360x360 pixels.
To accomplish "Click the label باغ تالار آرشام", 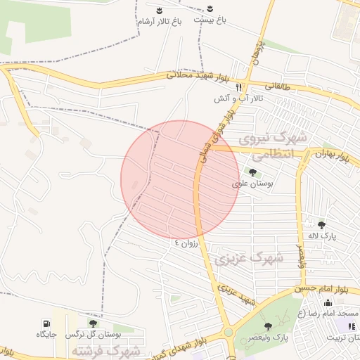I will coord(160,22).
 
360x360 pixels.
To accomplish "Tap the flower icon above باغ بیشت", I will coord(210,9).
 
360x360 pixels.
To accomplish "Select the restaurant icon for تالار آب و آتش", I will coord(239,87).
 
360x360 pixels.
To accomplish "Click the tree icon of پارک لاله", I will coord(321,225).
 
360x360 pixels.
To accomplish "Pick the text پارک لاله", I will coord(321,236).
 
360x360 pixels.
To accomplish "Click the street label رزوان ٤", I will coord(188,243).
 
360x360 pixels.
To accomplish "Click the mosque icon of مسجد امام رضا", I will coord(328,302).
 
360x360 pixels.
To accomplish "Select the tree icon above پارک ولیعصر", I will coord(268,326).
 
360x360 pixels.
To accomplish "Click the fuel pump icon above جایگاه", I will coord(46,322).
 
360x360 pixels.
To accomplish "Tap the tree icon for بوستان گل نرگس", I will coord(93,323).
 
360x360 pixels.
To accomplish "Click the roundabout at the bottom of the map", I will coord(228,333).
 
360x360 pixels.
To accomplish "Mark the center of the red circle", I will coord(180,179).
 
